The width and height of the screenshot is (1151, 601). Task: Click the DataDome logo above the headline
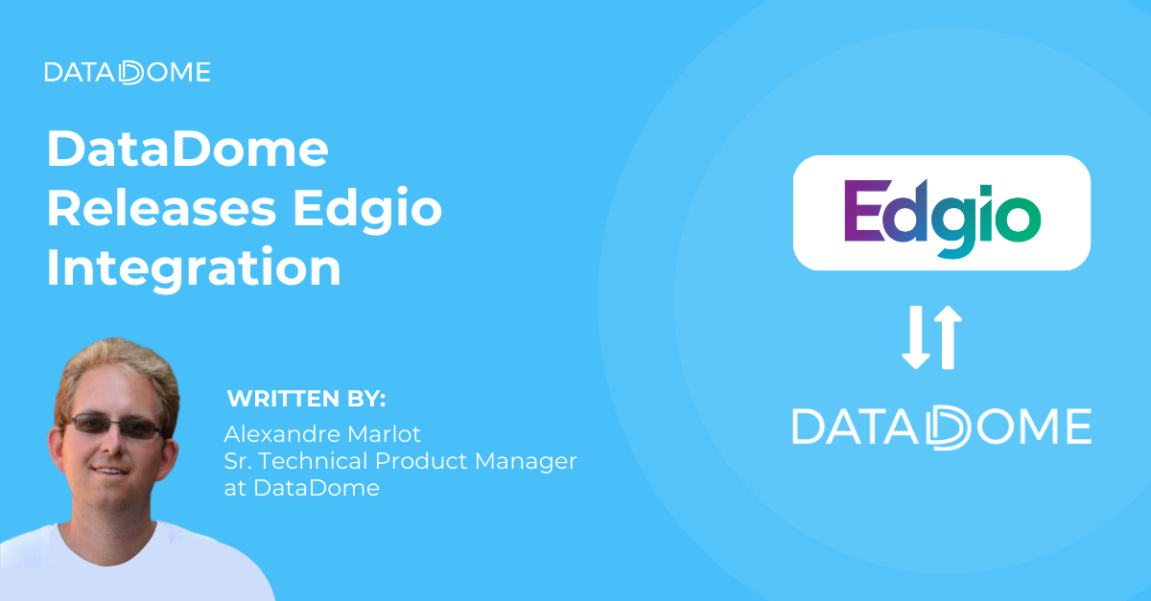(127, 72)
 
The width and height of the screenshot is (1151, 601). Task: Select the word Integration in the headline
(194, 268)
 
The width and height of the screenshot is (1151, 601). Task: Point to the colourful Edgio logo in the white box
(941, 212)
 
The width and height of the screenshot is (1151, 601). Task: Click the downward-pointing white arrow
(916, 337)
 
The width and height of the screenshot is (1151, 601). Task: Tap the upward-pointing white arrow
(946, 337)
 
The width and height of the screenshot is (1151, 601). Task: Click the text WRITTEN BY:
(306, 399)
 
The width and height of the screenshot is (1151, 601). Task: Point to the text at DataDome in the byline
(301, 488)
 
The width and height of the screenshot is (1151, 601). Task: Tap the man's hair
(115, 369)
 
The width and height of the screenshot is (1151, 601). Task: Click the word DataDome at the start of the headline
(187, 150)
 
